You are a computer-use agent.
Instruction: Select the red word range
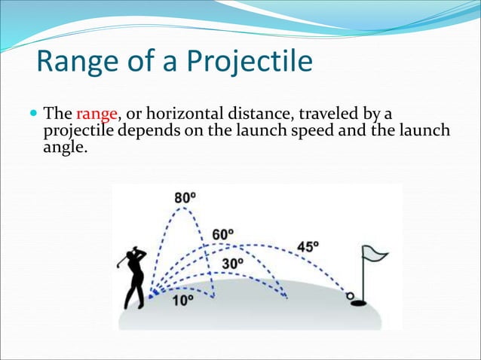pos(97,114)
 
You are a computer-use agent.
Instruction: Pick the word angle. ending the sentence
pos(63,148)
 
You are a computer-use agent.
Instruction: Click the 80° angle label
pos(185,198)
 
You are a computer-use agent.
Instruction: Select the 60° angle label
pos(222,234)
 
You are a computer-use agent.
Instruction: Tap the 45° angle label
pos(308,247)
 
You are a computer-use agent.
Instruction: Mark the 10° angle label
pos(182,299)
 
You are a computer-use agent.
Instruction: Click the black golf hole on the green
pos(359,304)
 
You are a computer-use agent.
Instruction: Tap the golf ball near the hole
pos(348,295)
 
